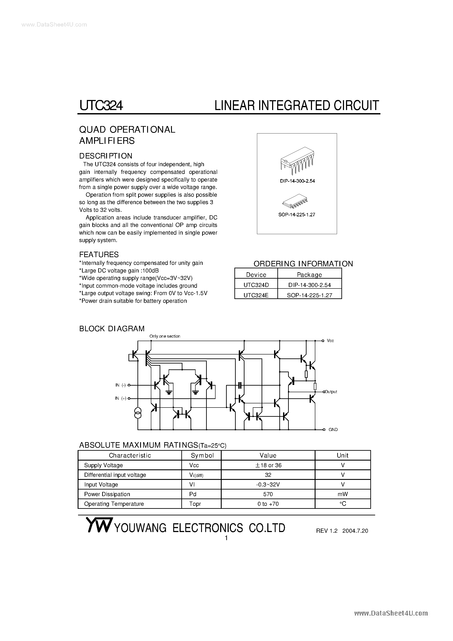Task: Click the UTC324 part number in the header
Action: (101, 105)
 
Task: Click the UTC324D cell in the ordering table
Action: (256, 285)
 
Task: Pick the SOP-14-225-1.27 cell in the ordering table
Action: (309, 295)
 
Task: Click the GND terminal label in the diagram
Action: (333, 429)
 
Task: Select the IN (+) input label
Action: (121, 398)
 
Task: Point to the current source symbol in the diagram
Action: (138, 413)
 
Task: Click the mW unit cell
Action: (342, 494)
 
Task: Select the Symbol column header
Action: (202, 455)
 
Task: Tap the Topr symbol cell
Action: (195, 504)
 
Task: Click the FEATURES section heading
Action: (99, 254)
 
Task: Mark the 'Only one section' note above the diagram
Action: (165, 336)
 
